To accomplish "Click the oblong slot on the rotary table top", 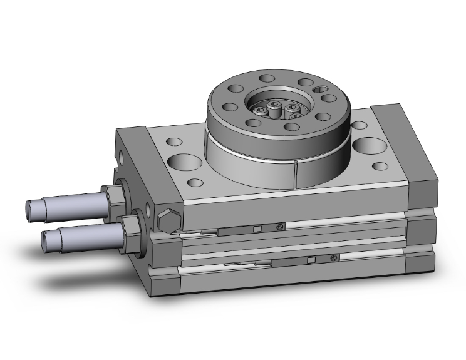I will click(x=323, y=89).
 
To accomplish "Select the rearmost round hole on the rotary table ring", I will click(x=266, y=80).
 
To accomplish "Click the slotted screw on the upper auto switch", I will click(x=282, y=226).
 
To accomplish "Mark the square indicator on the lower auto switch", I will click(x=310, y=259).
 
